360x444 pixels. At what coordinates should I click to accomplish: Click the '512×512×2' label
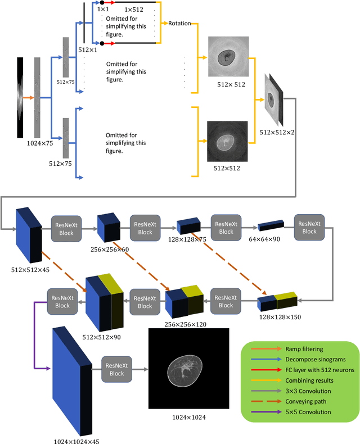(x=277, y=133)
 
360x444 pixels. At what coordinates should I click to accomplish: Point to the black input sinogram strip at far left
(x=20, y=97)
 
